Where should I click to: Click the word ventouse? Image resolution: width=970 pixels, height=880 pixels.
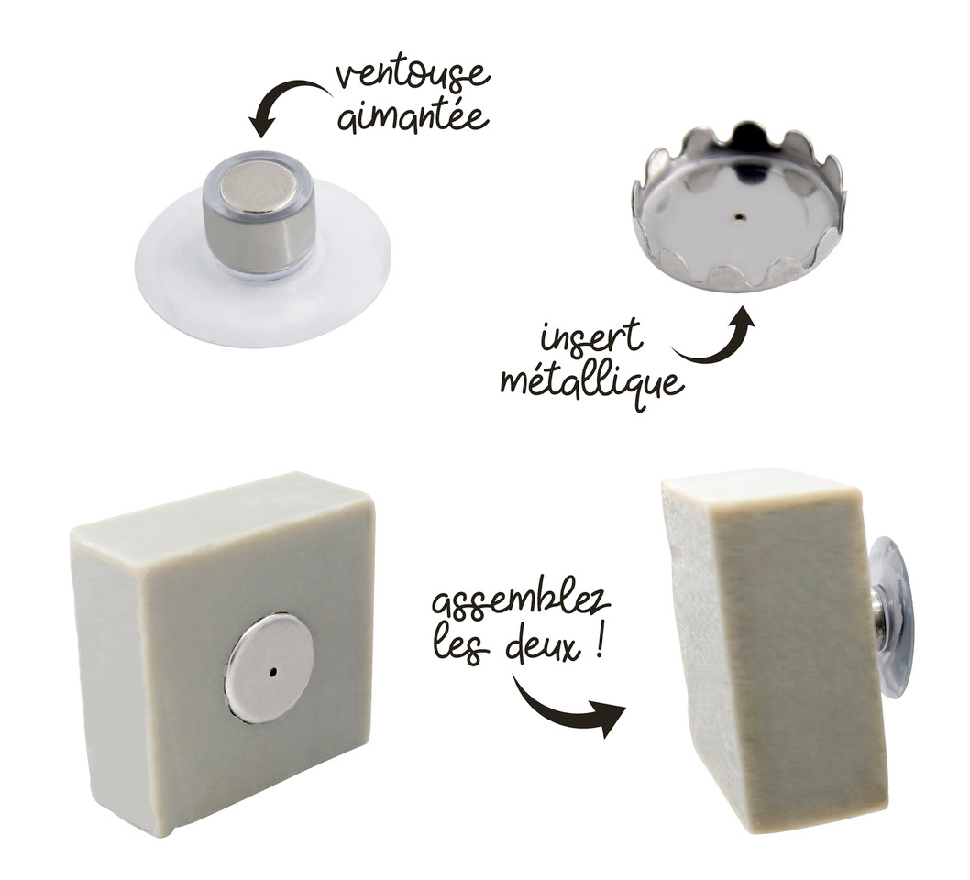pyautogui.click(x=413, y=75)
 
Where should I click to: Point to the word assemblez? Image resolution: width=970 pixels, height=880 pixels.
pyautogui.click(x=521, y=603)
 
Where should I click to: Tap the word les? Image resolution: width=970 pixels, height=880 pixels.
pyautogui.click(x=464, y=647)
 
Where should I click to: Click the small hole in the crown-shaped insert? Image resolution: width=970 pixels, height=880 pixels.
pyautogui.click(x=736, y=217)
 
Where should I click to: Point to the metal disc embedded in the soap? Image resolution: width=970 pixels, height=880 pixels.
pyautogui.click(x=270, y=668)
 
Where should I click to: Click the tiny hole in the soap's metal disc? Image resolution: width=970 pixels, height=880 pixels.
pyautogui.click(x=272, y=671)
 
